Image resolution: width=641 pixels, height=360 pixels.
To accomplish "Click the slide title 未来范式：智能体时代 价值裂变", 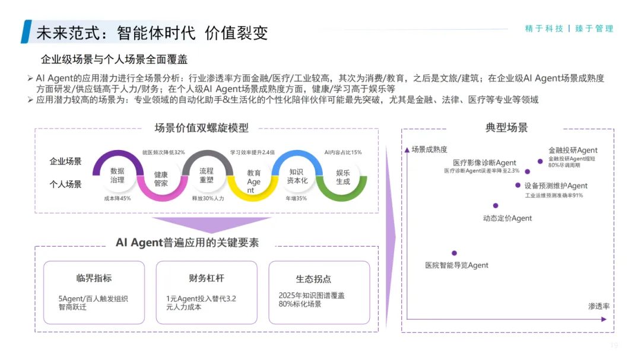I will [152, 32].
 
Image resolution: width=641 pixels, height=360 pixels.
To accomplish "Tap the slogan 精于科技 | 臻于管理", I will [569, 28].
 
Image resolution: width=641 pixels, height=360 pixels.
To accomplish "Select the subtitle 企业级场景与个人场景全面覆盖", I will [114, 60].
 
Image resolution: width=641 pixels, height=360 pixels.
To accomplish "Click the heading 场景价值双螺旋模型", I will [201, 128].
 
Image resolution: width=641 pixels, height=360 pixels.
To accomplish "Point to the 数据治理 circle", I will [117, 175].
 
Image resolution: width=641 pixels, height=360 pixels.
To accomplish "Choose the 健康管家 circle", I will [161, 179].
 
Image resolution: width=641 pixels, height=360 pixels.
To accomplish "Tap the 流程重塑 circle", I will [206, 175].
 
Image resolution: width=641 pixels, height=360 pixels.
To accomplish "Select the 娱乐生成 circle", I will [343, 177].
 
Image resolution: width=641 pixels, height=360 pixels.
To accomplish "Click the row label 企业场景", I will [65, 161].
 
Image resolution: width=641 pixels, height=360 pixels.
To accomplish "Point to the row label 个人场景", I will [65, 184].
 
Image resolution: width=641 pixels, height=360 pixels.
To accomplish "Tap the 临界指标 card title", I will [94, 278].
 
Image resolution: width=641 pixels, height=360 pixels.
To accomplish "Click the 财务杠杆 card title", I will [206, 278].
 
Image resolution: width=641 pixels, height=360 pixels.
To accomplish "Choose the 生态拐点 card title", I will [313, 279].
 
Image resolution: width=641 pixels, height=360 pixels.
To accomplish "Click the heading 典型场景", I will [506, 128].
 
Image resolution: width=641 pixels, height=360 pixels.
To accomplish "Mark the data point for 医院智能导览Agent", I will [454, 253].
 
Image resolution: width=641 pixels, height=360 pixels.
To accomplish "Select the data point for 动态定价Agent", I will [496, 206].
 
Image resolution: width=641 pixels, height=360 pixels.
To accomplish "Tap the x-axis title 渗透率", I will [599, 306].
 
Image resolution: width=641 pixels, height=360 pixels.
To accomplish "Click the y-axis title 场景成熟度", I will [429, 149].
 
